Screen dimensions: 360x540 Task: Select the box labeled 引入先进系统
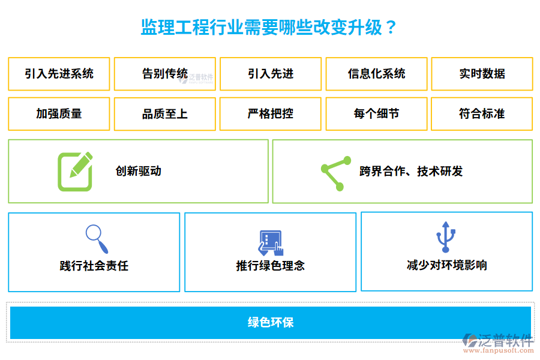pyautogui.click(x=59, y=74)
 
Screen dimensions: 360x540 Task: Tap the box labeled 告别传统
pyautogui.click(x=165, y=74)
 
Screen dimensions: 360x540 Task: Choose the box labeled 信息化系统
pyautogui.click(x=376, y=74)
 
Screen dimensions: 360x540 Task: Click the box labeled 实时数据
pyautogui.click(x=482, y=74)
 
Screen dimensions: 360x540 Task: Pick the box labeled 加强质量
pyautogui.click(x=59, y=113)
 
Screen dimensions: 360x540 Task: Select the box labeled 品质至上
pyautogui.click(x=165, y=113)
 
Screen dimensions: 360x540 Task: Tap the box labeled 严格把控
pyautogui.click(x=271, y=113)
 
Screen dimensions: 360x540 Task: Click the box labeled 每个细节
pyautogui.click(x=376, y=113)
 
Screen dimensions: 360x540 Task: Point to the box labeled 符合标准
pyautogui.click(x=482, y=113)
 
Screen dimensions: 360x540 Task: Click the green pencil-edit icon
pyautogui.click(x=75, y=172)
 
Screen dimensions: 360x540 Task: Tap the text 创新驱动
pyautogui.click(x=139, y=172)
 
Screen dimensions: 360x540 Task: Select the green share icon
pyautogui.click(x=336, y=173)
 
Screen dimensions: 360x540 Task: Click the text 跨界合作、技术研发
pyautogui.click(x=411, y=172)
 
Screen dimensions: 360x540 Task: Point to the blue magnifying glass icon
pyautogui.click(x=97, y=239)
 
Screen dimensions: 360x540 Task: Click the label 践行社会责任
pyautogui.click(x=94, y=265)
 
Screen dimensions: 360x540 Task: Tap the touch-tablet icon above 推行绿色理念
pyautogui.click(x=271, y=242)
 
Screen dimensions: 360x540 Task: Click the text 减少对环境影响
pyautogui.click(x=446, y=265)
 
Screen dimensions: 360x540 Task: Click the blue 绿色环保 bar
pyautogui.click(x=271, y=322)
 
